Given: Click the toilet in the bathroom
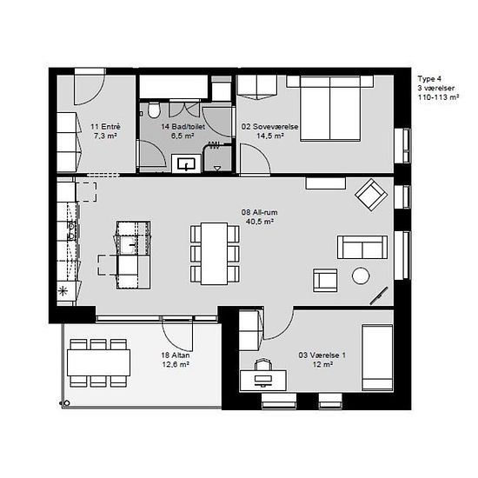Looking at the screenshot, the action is (x=154, y=110).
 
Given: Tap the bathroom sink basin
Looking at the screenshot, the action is (x=186, y=164).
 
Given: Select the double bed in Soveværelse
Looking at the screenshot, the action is (x=330, y=109).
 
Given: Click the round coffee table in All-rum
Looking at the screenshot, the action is (x=361, y=276).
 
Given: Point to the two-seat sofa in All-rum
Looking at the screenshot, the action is (x=362, y=247).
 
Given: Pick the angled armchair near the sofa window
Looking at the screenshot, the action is (x=371, y=195).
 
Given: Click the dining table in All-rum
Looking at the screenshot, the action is (x=215, y=254).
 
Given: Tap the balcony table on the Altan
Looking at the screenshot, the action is (x=99, y=362).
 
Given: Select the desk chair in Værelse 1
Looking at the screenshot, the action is (x=263, y=365).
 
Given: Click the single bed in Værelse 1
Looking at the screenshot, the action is (x=377, y=357).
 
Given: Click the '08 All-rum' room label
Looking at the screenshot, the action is (x=260, y=212).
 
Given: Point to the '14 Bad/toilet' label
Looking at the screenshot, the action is (x=183, y=127).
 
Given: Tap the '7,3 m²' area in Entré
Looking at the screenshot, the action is (x=105, y=136).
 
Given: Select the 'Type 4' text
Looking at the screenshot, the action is (x=429, y=78).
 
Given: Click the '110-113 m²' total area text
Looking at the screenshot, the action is (x=438, y=97).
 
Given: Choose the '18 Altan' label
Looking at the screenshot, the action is (x=176, y=355).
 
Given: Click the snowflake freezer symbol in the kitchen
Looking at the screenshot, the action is (x=63, y=291).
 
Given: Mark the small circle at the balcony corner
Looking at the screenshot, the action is (x=67, y=403).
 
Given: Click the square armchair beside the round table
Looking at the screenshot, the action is (x=325, y=280).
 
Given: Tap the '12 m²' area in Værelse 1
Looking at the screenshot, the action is (x=322, y=364).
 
